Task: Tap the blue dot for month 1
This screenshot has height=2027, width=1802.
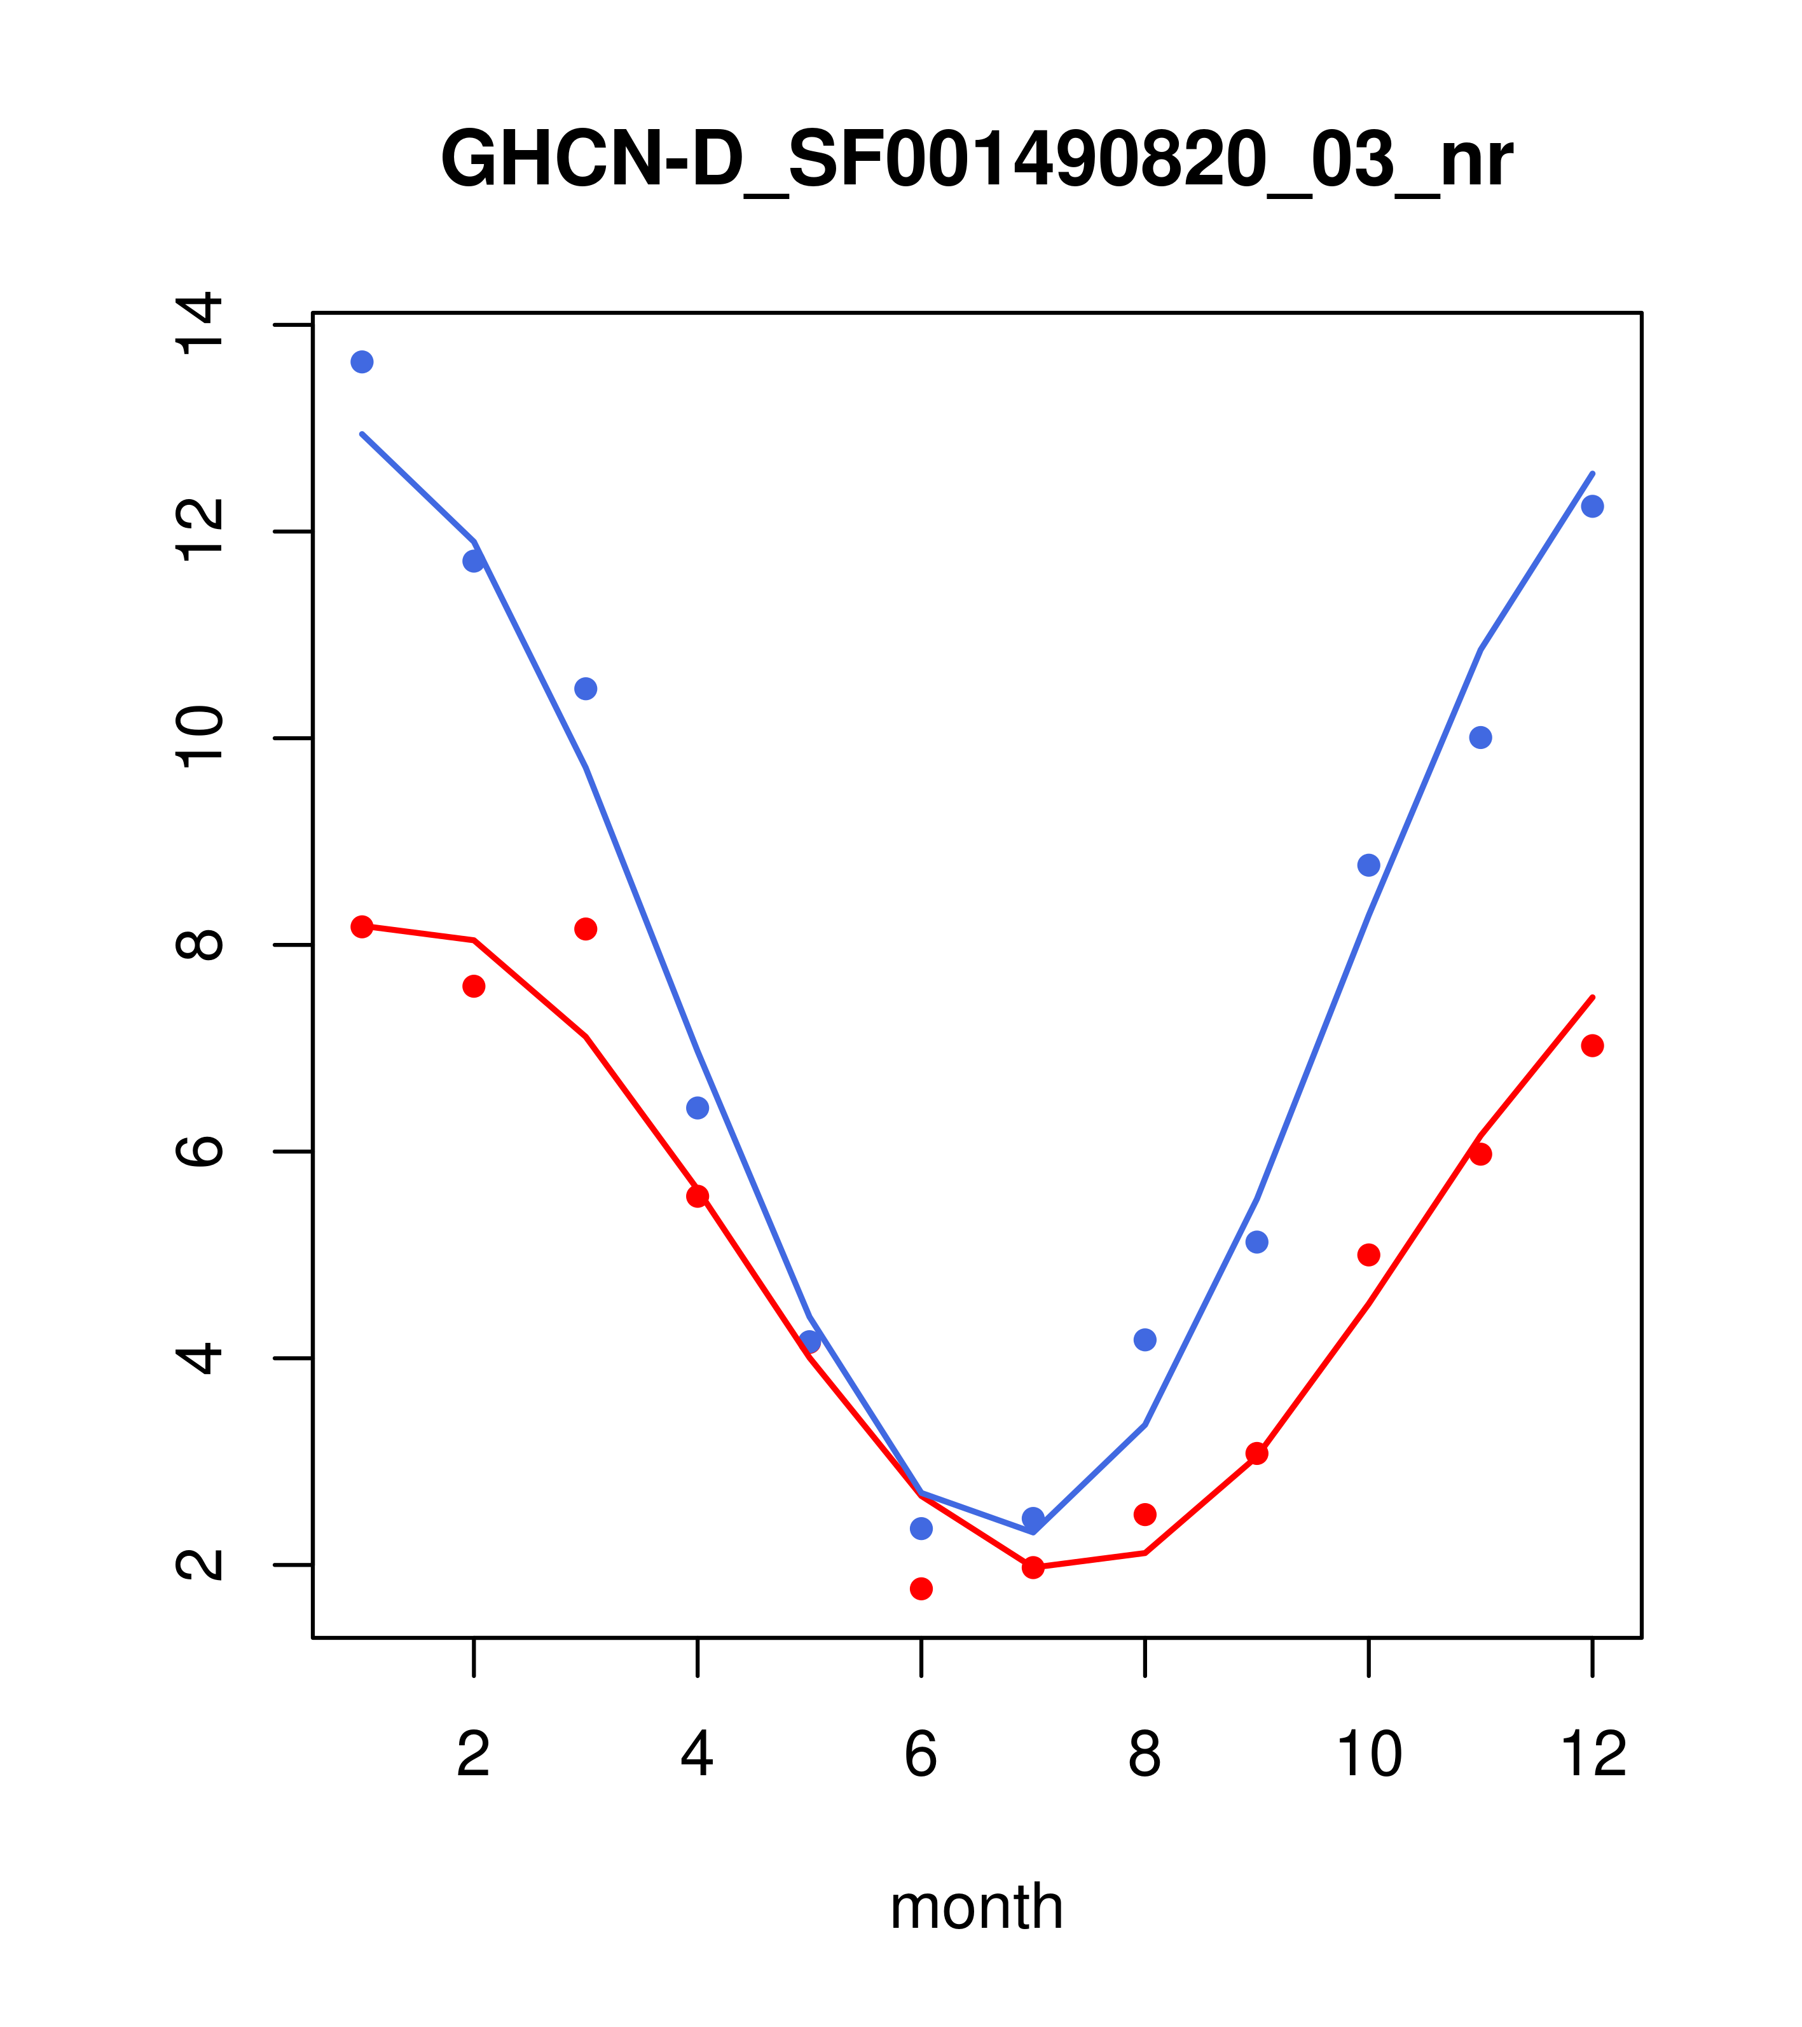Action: click(362, 362)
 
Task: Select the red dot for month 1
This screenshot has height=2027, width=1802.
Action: click(362, 926)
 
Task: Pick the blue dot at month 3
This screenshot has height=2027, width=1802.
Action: click(586, 688)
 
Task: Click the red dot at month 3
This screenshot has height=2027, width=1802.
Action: click(586, 928)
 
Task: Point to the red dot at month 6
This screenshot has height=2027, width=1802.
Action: click(921, 1589)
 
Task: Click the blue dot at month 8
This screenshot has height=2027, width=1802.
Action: click(1145, 1340)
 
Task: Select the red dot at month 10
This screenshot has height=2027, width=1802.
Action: click(1368, 1254)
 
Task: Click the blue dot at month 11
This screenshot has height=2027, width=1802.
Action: click(1481, 737)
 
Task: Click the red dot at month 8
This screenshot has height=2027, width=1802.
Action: click(1145, 1515)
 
